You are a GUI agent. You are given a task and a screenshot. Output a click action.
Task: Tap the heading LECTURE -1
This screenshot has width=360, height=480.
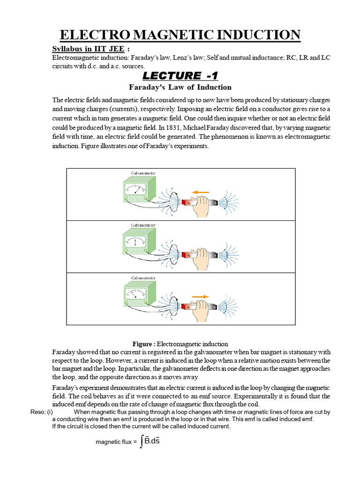180,76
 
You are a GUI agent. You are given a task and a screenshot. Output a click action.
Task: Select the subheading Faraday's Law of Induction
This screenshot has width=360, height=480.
180,87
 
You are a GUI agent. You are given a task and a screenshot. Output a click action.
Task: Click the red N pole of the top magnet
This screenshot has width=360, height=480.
189,203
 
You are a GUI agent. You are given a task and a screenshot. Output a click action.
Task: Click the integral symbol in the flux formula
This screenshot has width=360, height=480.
141,442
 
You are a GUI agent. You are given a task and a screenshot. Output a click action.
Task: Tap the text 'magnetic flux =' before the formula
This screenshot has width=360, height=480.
116,442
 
